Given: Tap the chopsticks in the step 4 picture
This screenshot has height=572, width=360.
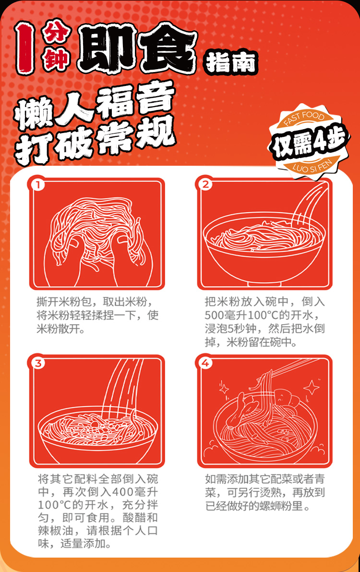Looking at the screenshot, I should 283,372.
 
